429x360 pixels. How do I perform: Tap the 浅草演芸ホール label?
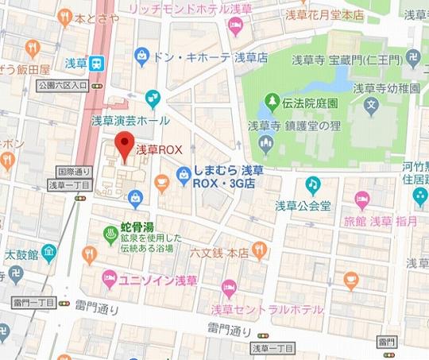click(x=130, y=120)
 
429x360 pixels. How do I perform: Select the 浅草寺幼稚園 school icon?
click(x=370, y=104)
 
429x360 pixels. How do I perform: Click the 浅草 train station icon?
click(x=97, y=64)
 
